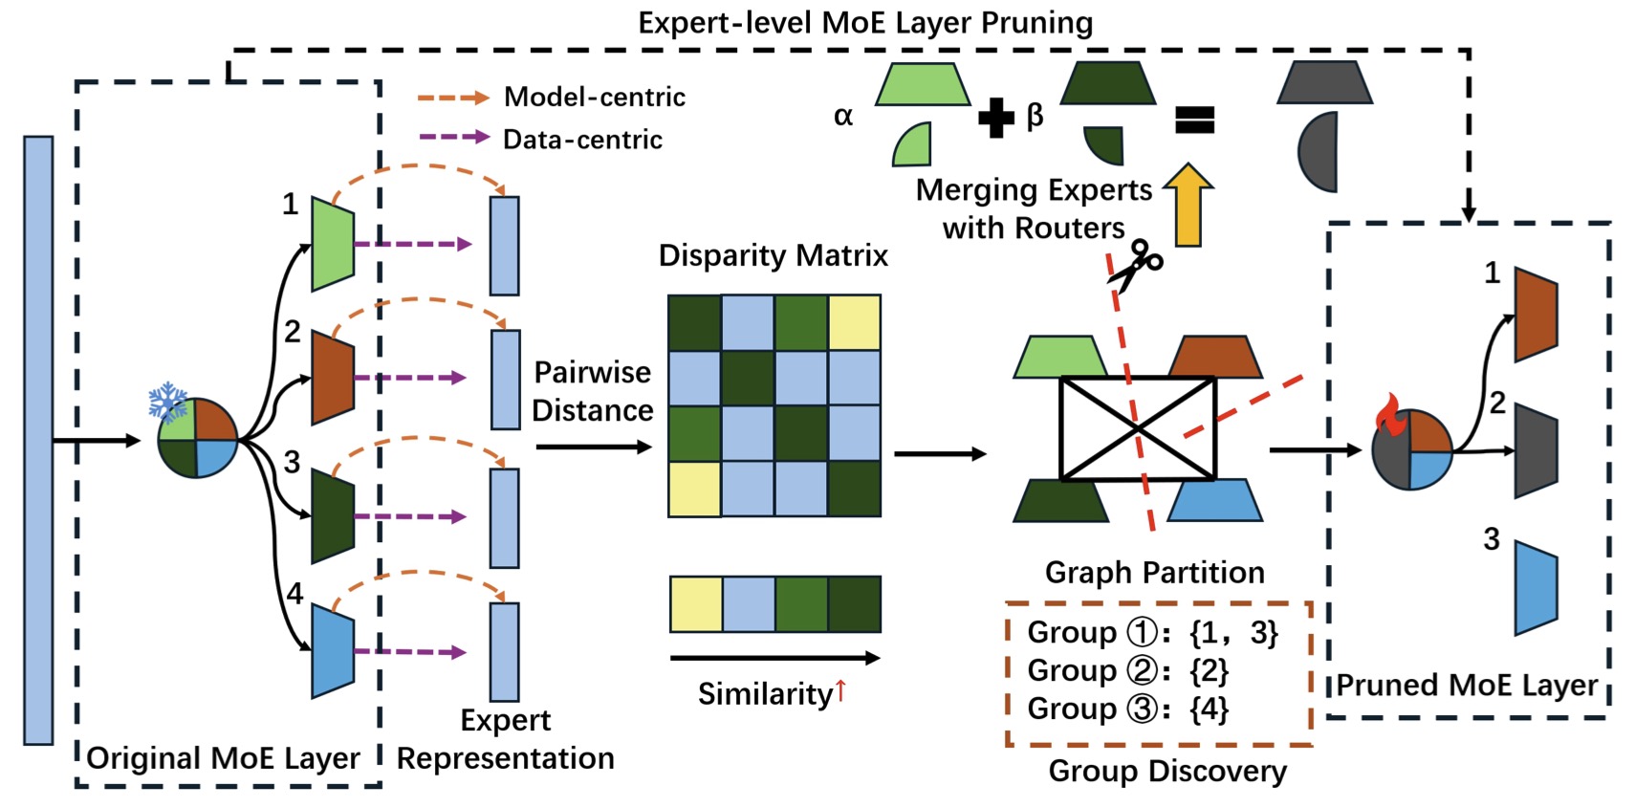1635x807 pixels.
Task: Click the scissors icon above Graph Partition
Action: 1136,266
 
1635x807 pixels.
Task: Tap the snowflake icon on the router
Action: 168,402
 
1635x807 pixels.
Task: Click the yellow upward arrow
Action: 1188,205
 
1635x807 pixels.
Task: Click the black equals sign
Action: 1195,120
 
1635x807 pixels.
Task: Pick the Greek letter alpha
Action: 843,116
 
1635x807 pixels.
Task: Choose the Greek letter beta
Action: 1035,116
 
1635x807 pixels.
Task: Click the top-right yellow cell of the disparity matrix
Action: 855,322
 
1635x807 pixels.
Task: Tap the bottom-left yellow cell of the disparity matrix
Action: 695,490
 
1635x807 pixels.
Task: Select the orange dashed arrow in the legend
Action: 453,97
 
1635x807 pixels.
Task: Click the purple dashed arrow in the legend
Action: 453,137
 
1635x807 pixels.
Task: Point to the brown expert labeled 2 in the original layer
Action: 333,378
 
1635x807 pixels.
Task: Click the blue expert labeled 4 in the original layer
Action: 333,651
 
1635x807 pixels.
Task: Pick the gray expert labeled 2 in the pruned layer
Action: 1537,450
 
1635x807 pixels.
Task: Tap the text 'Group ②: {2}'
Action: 1128,670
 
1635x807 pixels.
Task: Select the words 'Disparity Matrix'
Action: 773,255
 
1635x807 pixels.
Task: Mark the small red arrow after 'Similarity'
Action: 840,690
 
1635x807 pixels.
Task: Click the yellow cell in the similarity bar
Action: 696,604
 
